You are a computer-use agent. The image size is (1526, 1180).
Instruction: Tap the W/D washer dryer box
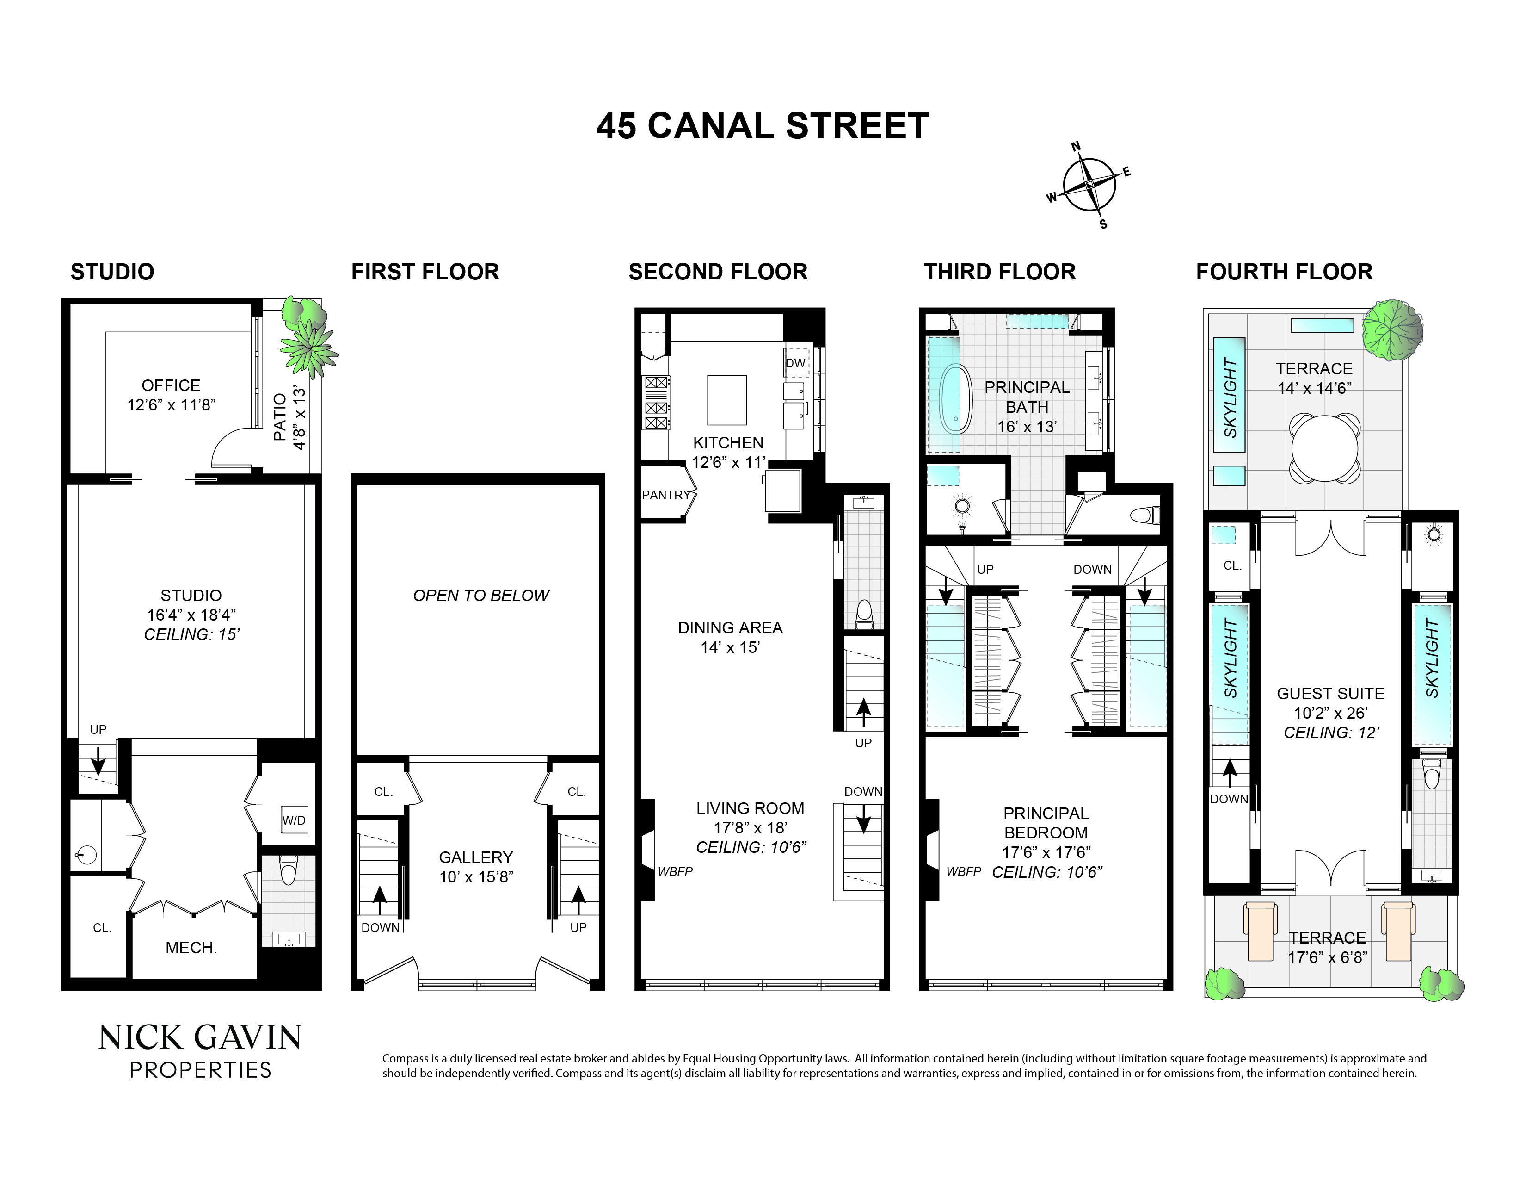tap(294, 820)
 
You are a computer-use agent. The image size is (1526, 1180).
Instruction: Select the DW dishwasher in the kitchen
tap(795, 363)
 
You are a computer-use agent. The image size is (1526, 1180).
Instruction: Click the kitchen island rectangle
tap(726, 400)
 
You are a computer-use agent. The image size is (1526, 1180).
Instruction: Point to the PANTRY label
tap(665, 495)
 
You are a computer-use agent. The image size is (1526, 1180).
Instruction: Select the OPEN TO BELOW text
tap(481, 596)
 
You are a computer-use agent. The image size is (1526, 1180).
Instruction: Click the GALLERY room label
tap(476, 858)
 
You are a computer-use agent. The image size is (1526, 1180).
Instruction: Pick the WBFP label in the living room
tap(675, 872)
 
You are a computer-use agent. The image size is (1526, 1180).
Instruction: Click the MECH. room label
tap(191, 948)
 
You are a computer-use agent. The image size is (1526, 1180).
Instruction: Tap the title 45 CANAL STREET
tap(762, 126)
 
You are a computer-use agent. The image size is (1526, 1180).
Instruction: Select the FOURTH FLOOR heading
tap(1284, 272)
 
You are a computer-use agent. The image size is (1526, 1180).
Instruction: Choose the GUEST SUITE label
tap(1330, 694)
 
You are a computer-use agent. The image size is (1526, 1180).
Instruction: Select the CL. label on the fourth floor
tap(1232, 565)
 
